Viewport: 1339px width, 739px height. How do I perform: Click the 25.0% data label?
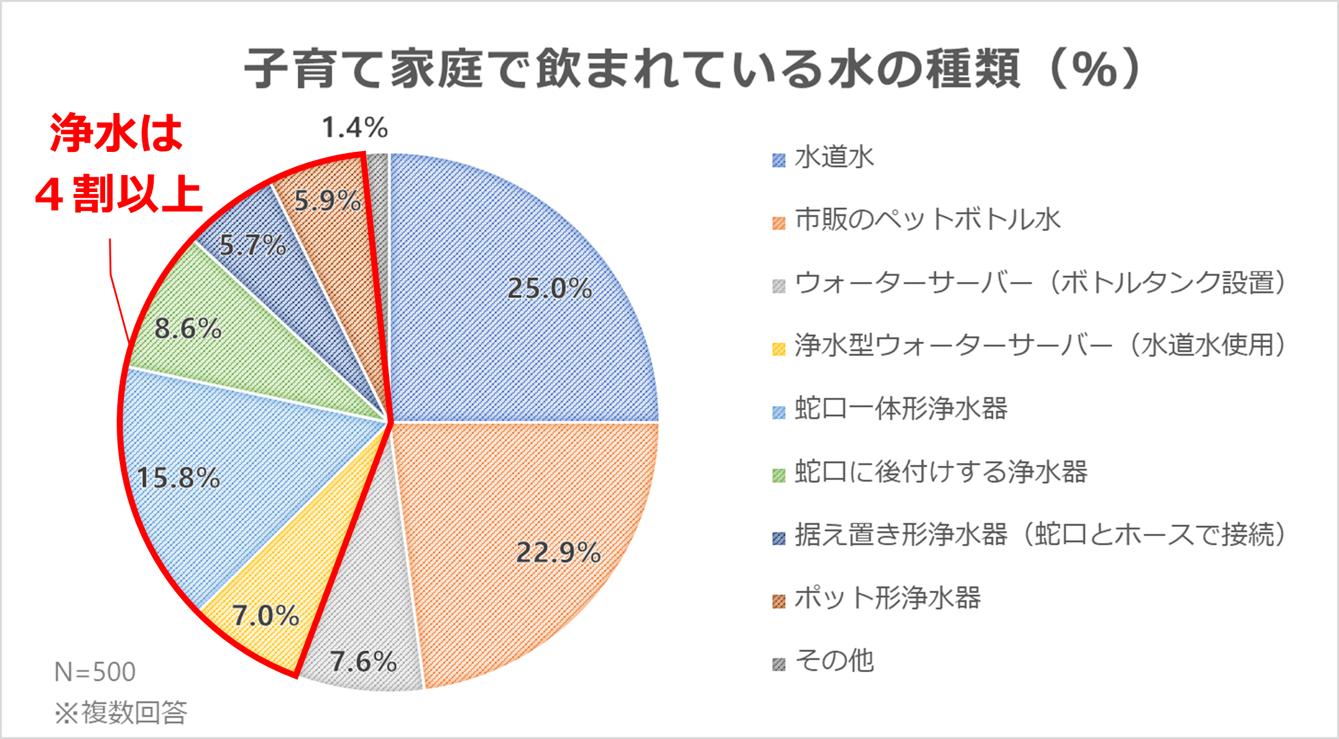(x=549, y=288)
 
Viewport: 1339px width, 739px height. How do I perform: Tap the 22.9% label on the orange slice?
(x=558, y=552)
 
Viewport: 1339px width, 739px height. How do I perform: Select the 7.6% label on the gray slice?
(x=363, y=661)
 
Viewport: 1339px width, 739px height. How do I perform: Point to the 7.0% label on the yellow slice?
(x=266, y=616)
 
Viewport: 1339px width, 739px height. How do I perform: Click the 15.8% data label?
(x=178, y=478)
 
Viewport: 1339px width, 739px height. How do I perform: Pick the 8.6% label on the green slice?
(x=188, y=329)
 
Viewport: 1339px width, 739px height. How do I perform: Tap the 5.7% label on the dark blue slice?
(x=252, y=246)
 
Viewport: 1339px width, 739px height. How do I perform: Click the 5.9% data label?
(x=327, y=201)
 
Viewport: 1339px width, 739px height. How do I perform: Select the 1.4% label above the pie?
(x=354, y=128)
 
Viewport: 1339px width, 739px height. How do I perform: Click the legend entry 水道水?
(x=834, y=157)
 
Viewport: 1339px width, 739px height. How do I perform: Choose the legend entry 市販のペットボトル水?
(x=928, y=220)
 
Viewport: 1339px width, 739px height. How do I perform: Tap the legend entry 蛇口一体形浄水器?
(x=901, y=408)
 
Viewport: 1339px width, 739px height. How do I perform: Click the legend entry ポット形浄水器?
(x=887, y=598)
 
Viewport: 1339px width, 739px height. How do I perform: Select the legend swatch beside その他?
(x=779, y=664)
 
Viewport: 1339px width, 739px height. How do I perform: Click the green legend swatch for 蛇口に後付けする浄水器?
(x=779, y=475)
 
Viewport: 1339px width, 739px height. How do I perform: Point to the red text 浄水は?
(x=117, y=132)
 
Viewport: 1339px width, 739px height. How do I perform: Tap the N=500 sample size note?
(x=95, y=672)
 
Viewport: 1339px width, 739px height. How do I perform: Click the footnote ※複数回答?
(x=121, y=712)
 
